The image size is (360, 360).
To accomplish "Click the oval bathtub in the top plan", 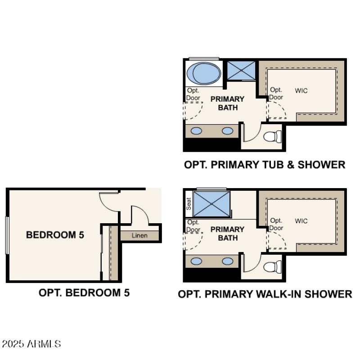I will pos(203,73).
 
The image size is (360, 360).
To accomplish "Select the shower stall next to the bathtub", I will pos(240,70).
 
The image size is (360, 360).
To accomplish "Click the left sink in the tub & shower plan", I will pos(197,131).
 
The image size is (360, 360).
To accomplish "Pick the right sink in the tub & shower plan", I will pos(228,131).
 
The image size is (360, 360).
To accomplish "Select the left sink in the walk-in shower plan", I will pos(197,261).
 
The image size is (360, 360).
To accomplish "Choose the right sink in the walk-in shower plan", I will pos(228,261).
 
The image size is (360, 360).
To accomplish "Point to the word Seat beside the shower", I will pos(189,204).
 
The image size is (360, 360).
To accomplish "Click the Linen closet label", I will pos(139,236).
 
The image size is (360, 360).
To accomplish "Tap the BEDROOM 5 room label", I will pos(55,234).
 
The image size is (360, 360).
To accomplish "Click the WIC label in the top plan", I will pos(301,91).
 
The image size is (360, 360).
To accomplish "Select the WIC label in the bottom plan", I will pos(301,221).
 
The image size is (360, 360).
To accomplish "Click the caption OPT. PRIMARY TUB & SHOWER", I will pos(265,165).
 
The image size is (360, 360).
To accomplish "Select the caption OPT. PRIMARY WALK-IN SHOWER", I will pos(265,294).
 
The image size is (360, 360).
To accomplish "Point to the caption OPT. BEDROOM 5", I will pos(84,292).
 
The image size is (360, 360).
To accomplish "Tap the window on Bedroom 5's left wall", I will pos(7,235).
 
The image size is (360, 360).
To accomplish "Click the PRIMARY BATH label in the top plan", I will pos(227,103).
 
